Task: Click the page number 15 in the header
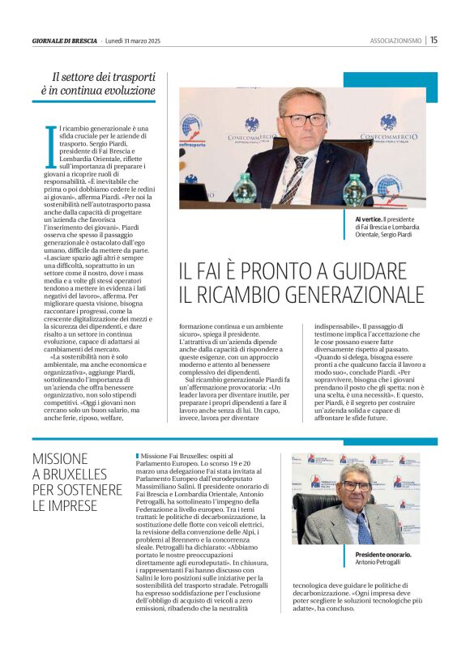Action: click(434, 40)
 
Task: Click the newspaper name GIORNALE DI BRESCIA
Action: click(65, 40)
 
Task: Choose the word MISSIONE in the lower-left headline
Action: click(60, 458)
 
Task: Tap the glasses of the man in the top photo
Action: click(303, 119)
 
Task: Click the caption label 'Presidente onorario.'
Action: click(382, 554)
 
